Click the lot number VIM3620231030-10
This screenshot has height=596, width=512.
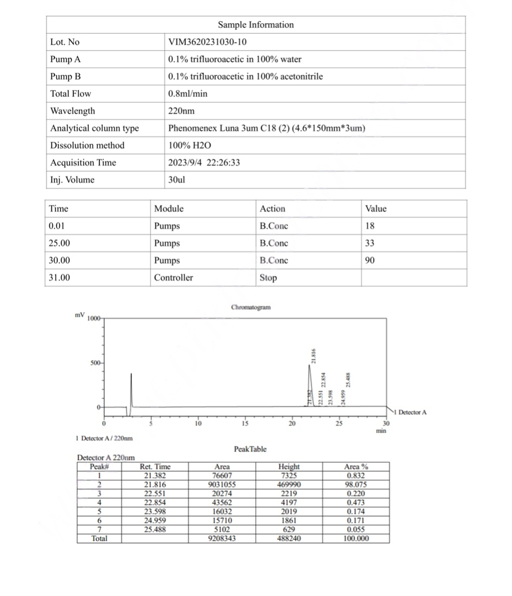click(208, 42)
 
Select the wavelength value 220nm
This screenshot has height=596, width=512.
click(182, 111)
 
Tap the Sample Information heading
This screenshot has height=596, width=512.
click(256, 25)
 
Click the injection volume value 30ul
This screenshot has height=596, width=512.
click(176, 180)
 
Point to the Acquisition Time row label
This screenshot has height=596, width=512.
click(83, 163)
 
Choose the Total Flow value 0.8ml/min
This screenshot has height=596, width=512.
click(188, 94)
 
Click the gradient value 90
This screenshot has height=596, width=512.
click(370, 261)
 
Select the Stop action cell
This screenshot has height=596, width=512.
click(268, 278)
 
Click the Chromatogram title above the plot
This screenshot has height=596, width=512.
click(251, 307)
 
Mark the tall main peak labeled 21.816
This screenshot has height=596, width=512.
click(309, 379)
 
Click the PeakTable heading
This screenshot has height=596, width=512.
click(250, 449)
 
